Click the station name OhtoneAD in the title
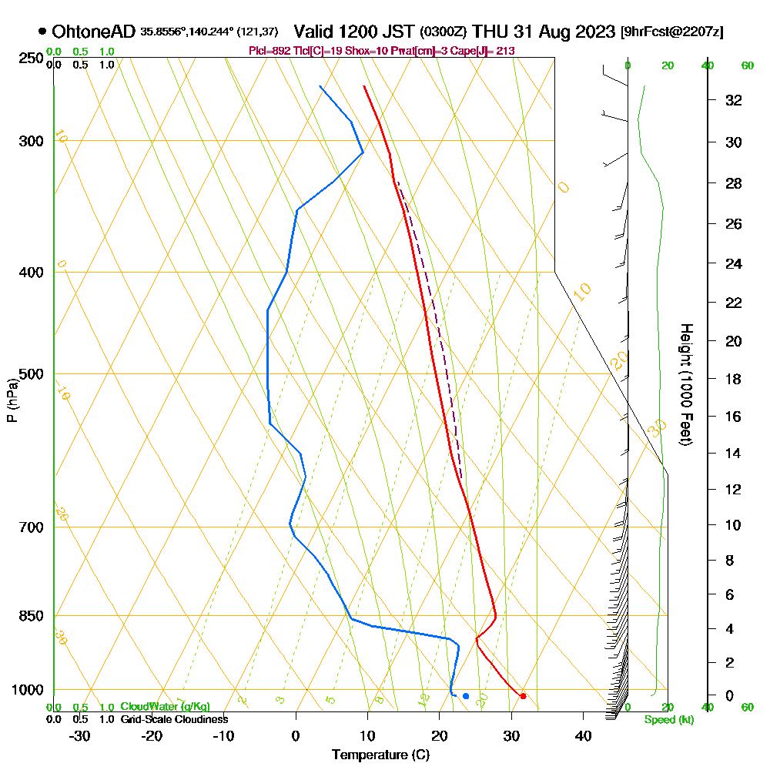[94, 32]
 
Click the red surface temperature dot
[523, 696]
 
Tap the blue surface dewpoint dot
[465, 696]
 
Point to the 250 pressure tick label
[32, 58]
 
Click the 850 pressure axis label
[32, 615]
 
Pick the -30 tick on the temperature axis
[80, 735]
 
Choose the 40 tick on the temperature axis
[583, 735]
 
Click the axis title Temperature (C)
[380, 755]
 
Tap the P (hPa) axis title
[12, 399]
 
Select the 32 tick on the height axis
[733, 99]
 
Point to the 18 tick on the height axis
[733, 379]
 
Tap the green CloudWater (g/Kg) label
[165, 707]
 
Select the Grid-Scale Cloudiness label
[174, 719]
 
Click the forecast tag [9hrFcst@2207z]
[671, 32]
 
